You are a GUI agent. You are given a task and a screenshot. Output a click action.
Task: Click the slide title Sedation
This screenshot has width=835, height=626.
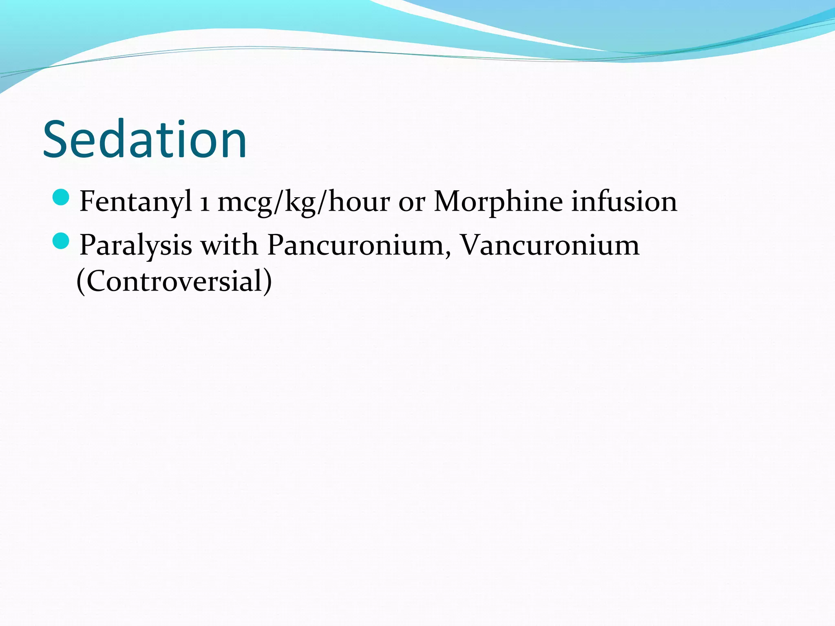click(145, 139)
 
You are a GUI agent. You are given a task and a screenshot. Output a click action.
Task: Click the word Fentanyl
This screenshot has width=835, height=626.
click(136, 201)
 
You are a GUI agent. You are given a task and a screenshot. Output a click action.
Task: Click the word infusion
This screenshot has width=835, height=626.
click(624, 201)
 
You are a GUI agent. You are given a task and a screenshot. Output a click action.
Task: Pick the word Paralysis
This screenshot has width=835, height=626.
click(136, 245)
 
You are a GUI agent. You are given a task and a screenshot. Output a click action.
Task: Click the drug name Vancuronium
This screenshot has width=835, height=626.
click(550, 245)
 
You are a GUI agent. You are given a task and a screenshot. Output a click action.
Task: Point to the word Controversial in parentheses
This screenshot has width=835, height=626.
click(175, 281)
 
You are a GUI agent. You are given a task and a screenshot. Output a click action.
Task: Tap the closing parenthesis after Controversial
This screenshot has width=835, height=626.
click(267, 282)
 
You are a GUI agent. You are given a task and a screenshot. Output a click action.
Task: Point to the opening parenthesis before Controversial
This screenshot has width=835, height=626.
click(81, 282)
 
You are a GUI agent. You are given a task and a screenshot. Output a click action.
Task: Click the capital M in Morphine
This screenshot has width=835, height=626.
click(449, 201)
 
